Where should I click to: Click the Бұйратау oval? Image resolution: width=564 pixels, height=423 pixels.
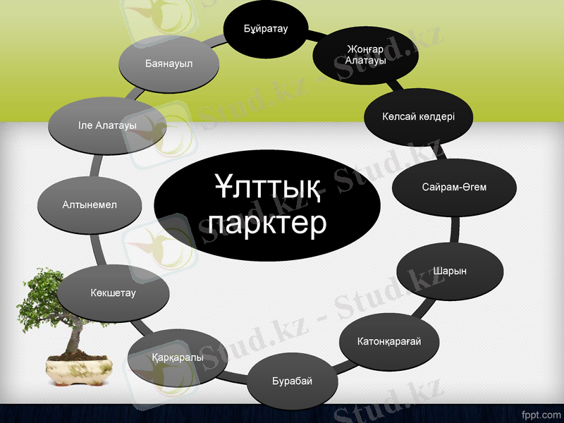266,28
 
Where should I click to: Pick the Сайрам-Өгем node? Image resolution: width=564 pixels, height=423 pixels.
454,188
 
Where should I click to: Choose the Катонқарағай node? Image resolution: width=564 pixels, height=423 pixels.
389,342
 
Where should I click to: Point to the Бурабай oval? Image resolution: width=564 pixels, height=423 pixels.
291,381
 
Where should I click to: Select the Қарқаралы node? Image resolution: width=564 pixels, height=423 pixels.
178,357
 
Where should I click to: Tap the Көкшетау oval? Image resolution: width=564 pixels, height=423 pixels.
113,292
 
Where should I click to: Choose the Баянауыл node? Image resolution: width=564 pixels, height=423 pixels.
169,63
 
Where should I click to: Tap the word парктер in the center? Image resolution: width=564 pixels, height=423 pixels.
267,223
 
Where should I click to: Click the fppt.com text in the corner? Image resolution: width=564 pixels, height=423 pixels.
539,411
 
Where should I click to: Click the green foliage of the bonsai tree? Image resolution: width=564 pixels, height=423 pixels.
42,296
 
